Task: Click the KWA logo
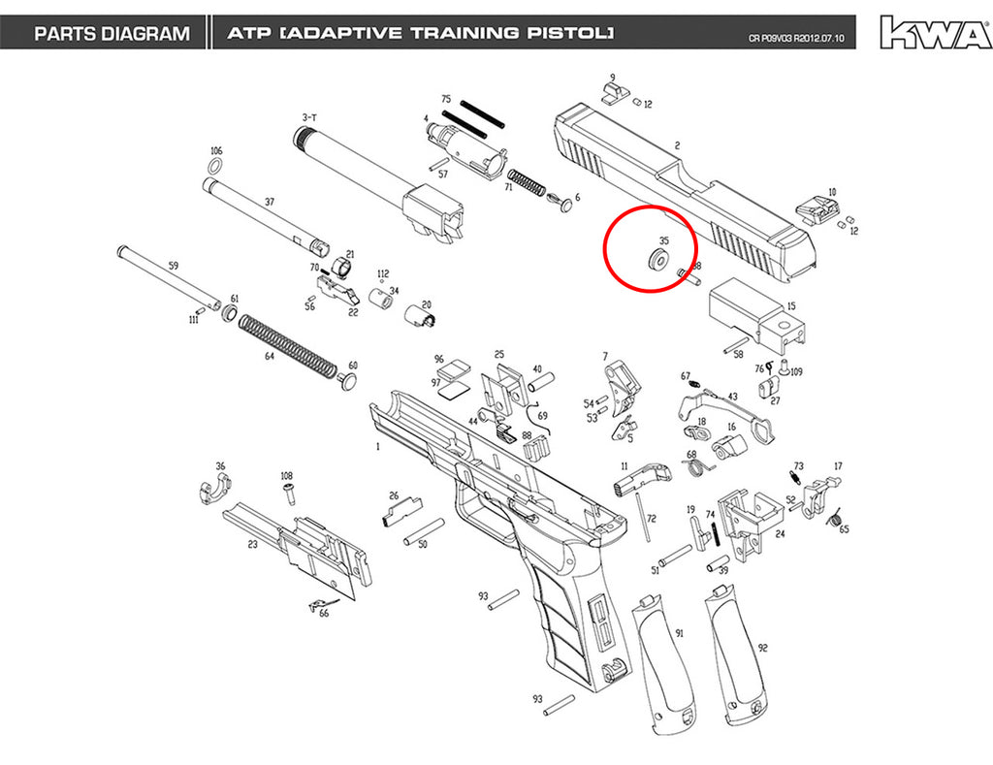click(x=935, y=32)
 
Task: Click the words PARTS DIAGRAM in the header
click(x=112, y=34)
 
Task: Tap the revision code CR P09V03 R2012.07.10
click(x=796, y=38)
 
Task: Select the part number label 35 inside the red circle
click(x=663, y=240)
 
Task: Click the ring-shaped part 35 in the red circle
click(x=657, y=260)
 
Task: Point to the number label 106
click(x=216, y=150)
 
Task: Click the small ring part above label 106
click(x=215, y=167)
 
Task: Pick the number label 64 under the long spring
click(x=270, y=357)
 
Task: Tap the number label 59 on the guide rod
click(x=174, y=266)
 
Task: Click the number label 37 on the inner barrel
click(x=270, y=202)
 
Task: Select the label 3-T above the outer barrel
click(x=309, y=117)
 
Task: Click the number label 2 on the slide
click(x=677, y=145)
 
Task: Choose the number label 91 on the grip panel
click(x=680, y=632)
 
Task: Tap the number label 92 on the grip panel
click(x=762, y=648)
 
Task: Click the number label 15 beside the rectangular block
click(x=791, y=306)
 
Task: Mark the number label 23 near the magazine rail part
click(x=253, y=544)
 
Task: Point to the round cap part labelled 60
click(x=346, y=381)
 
